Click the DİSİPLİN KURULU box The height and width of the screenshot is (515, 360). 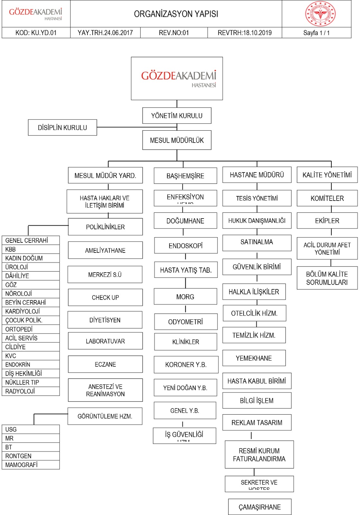coord(62,127)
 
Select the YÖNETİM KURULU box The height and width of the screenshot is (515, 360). coord(177,116)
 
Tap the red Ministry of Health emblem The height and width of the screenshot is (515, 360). coord(320,14)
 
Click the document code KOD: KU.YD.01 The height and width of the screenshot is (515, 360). coord(36,33)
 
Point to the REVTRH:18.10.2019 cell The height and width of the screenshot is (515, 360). coord(245,33)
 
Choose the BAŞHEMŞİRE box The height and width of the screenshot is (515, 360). coord(185,176)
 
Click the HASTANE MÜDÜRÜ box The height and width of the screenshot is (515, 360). coord(257,175)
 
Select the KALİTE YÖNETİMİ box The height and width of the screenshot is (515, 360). coord(327,175)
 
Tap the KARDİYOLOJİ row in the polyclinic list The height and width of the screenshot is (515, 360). coord(31,311)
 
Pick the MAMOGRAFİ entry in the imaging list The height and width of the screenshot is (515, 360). coord(31,465)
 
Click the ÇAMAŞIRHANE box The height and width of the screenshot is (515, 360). coord(260,507)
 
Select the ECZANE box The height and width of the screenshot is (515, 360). coord(105,364)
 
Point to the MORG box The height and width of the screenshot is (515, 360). coord(185,296)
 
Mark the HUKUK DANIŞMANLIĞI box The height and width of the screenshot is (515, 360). coord(257,220)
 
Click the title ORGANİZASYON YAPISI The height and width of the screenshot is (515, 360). coord(176,14)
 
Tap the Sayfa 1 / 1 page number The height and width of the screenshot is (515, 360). coord(316,33)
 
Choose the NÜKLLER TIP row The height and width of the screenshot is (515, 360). coord(31,382)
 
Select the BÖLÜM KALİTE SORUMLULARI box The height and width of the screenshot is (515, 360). coord(327,278)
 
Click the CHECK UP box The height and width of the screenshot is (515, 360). coord(105,297)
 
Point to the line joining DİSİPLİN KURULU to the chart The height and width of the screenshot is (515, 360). coord(135,127)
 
